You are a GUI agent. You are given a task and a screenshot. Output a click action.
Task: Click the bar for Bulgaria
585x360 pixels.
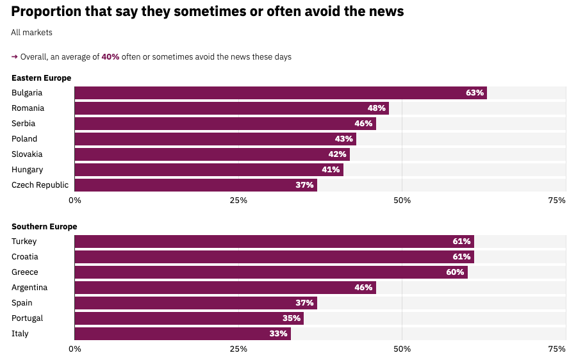(x=281, y=93)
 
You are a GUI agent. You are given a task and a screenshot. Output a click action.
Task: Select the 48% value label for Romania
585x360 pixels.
(x=376, y=108)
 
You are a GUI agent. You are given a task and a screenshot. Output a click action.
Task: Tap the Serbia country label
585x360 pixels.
(x=23, y=124)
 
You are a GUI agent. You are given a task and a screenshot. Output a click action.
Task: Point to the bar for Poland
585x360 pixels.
(x=215, y=139)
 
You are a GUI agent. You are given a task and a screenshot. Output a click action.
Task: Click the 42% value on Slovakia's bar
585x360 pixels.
(x=337, y=154)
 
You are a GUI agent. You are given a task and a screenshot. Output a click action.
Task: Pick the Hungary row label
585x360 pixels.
(x=27, y=170)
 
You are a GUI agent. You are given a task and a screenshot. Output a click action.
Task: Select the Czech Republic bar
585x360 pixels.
(x=195, y=185)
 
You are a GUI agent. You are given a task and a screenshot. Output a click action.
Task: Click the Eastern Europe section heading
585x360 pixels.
(x=41, y=78)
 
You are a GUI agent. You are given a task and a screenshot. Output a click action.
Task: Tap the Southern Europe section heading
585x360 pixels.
(x=44, y=227)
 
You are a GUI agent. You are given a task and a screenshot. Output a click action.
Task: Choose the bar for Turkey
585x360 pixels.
(x=274, y=241)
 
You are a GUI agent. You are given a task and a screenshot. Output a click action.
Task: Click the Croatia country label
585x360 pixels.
(x=24, y=257)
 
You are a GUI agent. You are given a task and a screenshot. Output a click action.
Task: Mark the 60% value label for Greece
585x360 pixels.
(x=455, y=272)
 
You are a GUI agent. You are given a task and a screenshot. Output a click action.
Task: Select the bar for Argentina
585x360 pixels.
(x=225, y=288)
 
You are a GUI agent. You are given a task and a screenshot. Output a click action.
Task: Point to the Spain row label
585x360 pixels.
(x=22, y=303)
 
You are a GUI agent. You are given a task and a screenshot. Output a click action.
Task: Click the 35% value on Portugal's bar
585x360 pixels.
(x=292, y=318)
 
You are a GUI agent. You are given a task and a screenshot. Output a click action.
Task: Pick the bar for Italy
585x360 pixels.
(x=183, y=334)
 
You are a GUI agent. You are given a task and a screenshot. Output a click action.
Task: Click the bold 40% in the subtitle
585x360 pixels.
(x=110, y=57)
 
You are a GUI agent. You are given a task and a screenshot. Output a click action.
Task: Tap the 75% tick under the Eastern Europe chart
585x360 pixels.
(x=557, y=200)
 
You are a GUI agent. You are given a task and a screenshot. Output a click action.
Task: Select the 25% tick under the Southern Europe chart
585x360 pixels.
(x=238, y=349)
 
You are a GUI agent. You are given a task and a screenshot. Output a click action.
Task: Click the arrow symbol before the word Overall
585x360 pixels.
(x=15, y=57)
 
